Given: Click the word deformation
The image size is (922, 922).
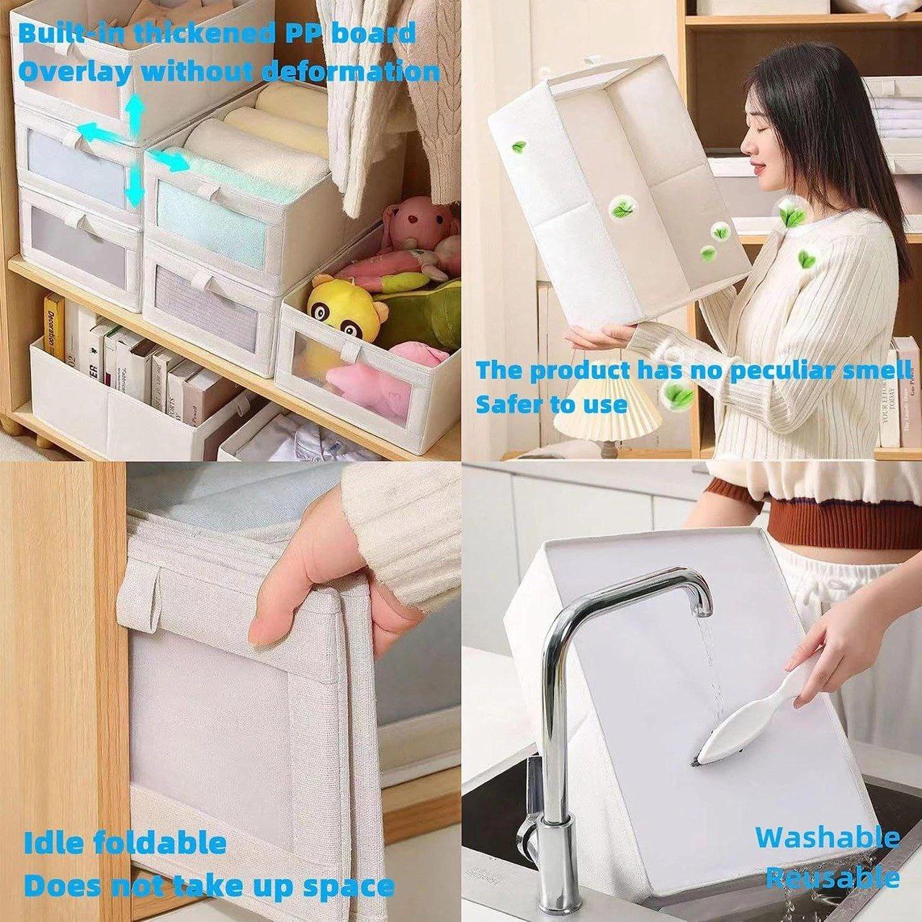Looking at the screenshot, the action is click(352, 72).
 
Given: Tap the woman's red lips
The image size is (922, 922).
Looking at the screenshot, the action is click(758, 169).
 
